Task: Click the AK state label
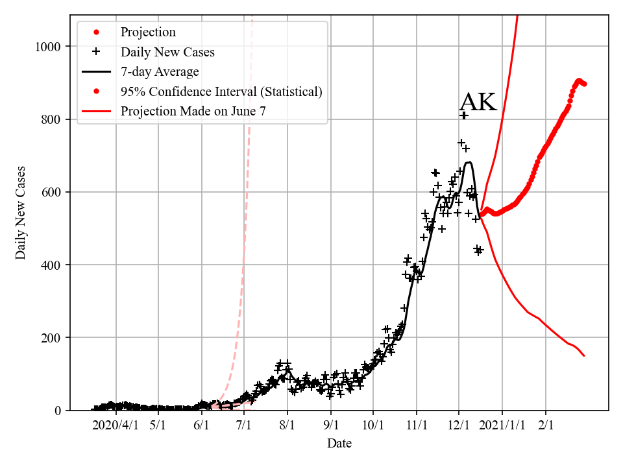coord(478,102)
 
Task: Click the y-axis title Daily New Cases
coord(21,213)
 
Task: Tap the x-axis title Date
coord(339,444)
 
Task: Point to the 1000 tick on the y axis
coord(48,47)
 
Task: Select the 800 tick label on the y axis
coord(51,119)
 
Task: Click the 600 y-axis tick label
coord(51,192)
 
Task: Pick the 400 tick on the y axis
coord(51,265)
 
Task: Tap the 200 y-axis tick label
coord(51,338)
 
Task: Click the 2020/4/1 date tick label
coord(115,425)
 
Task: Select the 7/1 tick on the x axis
coord(244,425)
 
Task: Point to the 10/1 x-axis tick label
coord(373,425)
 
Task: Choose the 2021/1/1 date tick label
coord(502,425)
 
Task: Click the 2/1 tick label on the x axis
coord(546,425)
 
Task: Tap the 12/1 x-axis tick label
coord(459,425)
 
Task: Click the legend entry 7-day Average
coord(160,72)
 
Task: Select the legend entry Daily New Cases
coord(167,52)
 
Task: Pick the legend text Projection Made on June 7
coord(193,112)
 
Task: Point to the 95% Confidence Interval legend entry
coord(221,91)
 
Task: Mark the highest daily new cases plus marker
coord(463,115)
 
